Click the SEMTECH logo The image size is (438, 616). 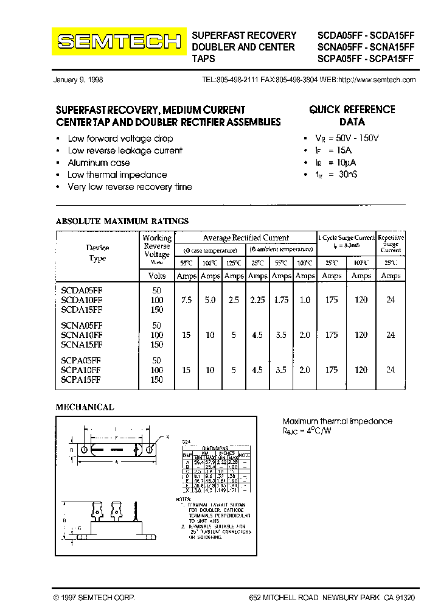point(119,42)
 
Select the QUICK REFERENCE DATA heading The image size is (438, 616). point(352,116)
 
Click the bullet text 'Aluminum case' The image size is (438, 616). point(99,163)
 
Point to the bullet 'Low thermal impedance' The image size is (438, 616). point(117,175)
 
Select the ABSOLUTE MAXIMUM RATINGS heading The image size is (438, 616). point(122,221)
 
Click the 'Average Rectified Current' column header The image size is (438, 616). point(246,237)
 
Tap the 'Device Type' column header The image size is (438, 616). point(97,253)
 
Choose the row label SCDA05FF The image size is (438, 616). point(82,292)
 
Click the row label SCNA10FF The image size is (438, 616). point(82,335)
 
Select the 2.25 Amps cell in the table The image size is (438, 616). point(258,300)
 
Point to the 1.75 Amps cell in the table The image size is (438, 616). point(281,300)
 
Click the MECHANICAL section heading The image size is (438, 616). point(85,407)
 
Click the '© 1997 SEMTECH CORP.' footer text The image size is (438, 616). point(94,598)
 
